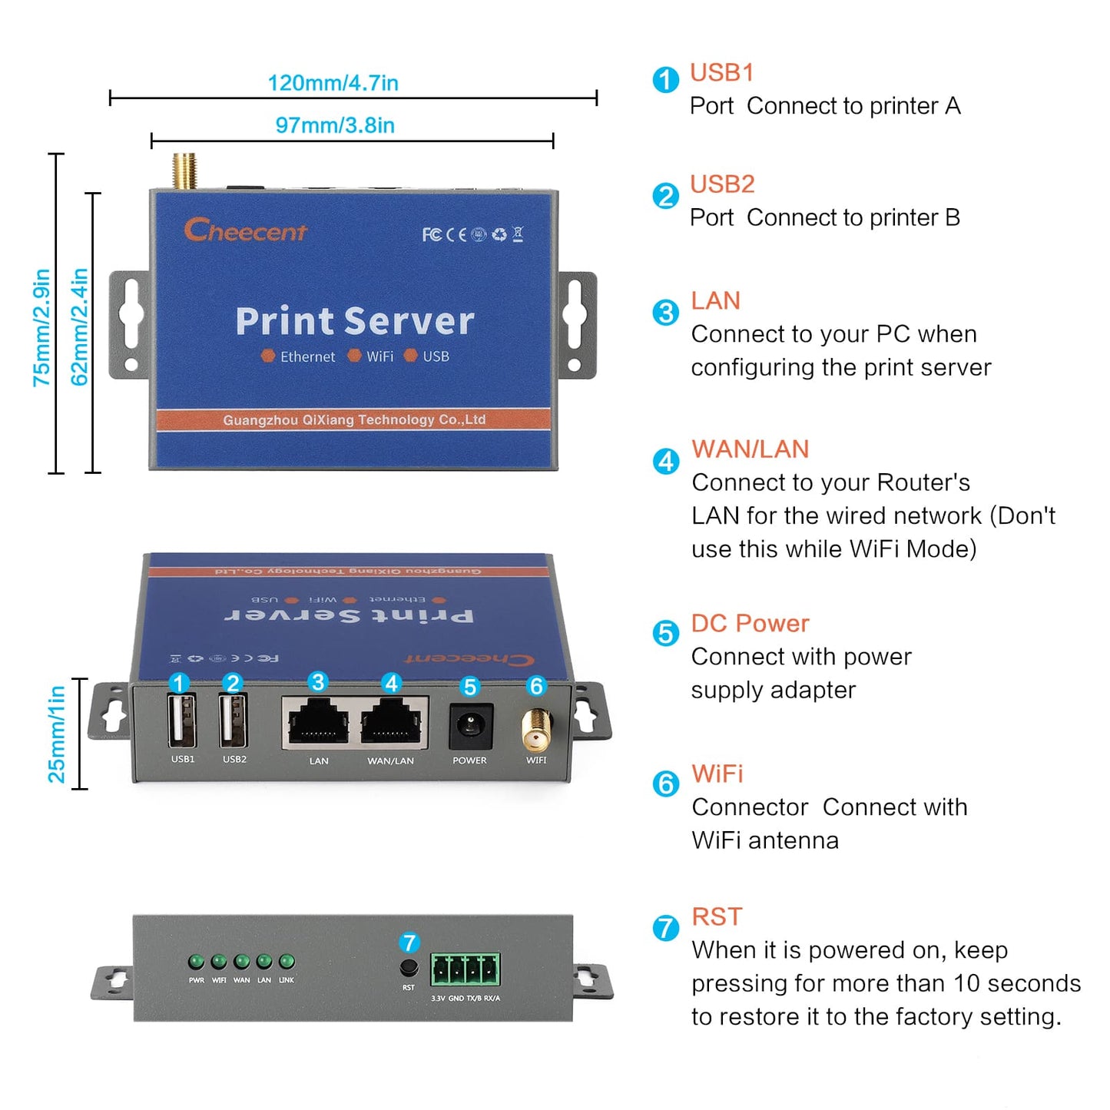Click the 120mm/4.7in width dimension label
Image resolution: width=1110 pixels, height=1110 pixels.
(x=333, y=83)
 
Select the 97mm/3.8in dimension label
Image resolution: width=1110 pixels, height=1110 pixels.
(x=335, y=125)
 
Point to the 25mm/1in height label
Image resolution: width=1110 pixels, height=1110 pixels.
(x=57, y=734)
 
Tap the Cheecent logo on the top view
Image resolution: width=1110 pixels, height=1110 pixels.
(x=245, y=230)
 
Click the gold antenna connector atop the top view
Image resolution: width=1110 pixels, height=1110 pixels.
(x=184, y=171)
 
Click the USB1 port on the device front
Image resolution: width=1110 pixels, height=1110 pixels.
(x=182, y=721)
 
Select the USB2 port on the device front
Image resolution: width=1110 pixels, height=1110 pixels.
(x=233, y=721)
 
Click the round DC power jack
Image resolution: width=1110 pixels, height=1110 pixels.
(x=470, y=725)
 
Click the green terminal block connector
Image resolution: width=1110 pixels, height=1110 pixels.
(x=466, y=970)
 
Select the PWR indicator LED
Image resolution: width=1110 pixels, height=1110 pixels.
(x=197, y=962)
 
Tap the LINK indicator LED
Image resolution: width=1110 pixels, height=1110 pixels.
(x=287, y=962)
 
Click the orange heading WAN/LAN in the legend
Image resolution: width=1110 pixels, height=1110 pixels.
(x=750, y=449)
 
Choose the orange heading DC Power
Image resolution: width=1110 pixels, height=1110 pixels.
(x=750, y=624)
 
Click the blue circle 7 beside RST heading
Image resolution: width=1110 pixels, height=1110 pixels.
(x=665, y=928)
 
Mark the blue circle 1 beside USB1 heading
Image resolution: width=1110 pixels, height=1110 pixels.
(x=665, y=80)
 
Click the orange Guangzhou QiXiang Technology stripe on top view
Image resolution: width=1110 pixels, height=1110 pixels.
(x=353, y=420)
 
